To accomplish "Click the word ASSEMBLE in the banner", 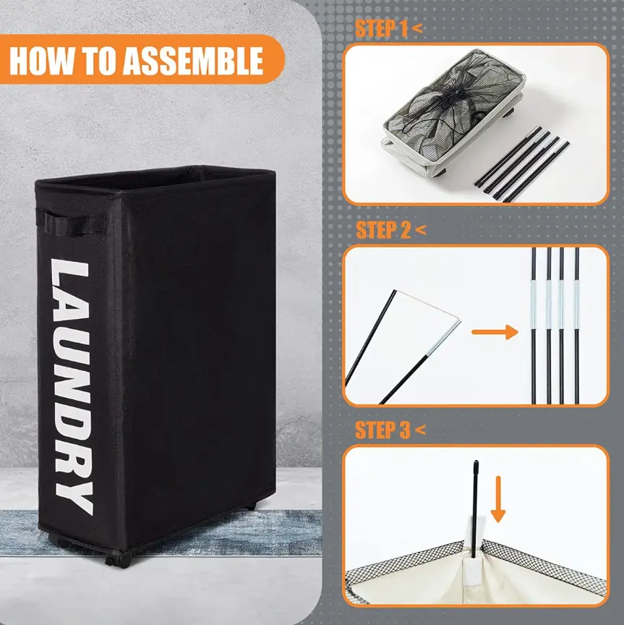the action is click(x=192, y=61).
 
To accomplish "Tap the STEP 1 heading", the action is click(x=381, y=29).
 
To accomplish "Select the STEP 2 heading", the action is click(x=383, y=230).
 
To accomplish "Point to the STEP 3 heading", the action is click(x=382, y=430).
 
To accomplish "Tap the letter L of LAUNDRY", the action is click(x=69, y=276).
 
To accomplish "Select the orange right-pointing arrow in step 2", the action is click(x=495, y=331).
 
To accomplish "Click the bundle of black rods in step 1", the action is click(x=521, y=164).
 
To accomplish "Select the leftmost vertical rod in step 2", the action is click(x=534, y=326).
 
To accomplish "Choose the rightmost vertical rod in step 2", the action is click(x=576, y=326).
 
